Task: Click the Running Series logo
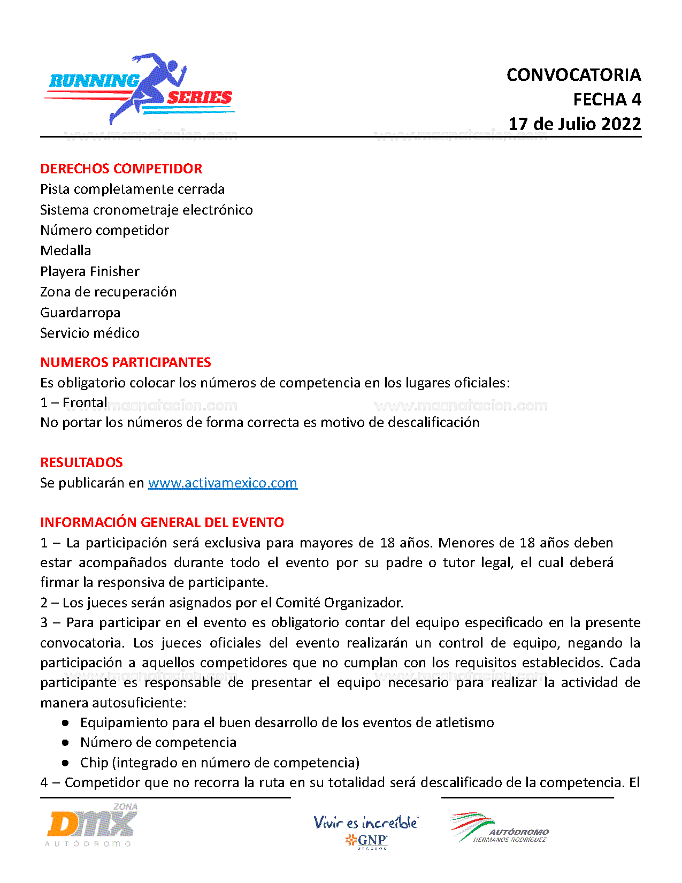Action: coord(140,89)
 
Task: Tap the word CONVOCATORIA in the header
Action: coord(573,75)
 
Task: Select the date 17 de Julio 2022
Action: coord(574,124)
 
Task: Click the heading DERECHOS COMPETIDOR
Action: coord(121,169)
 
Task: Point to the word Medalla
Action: coord(66,250)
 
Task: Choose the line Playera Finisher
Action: coord(90,271)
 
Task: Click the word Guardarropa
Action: coord(80,313)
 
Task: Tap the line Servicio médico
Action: coord(90,333)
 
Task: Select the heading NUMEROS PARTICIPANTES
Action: coord(126,362)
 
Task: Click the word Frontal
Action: coord(85,402)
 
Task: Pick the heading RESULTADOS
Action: coord(82,462)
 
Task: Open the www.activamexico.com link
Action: coord(223,483)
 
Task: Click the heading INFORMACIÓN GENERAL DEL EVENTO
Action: coord(162,522)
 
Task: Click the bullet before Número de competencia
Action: coord(65,743)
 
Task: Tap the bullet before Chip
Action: coord(65,763)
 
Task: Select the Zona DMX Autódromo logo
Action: coord(91,825)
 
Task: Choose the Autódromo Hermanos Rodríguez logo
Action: coord(499,828)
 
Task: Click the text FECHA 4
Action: coord(607,100)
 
